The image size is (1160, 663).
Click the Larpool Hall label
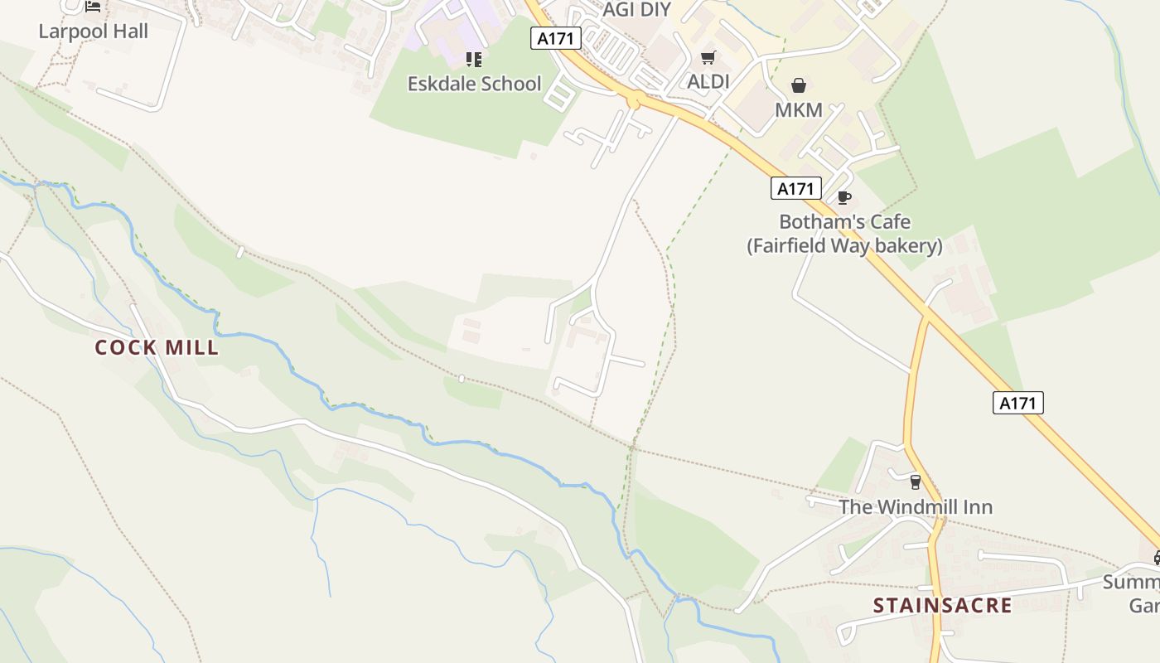tap(94, 31)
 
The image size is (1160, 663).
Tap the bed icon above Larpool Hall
tap(93, 7)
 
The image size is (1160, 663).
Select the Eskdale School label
tap(474, 84)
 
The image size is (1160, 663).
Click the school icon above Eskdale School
tap(474, 59)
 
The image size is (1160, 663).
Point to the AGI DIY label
tap(636, 10)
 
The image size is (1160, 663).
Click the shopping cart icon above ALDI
tap(708, 57)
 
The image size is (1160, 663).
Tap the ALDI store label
tap(708, 82)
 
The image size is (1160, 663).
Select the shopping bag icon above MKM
tap(799, 85)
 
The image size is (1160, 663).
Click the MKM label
tap(799, 109)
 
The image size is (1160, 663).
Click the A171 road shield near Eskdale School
tap(556, 38)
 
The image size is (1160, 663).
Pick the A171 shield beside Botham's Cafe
tap(795, 188)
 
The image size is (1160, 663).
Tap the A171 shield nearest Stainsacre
tap(1017, 403)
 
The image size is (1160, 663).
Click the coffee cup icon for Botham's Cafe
tap(844, 197)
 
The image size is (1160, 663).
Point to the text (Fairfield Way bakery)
tap(844, 246)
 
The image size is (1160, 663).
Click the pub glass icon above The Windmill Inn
tap(916, 482)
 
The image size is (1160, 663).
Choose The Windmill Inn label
tap(916, 506)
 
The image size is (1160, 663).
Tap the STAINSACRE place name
tap(942, 606)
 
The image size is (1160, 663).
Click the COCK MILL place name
tap(157, 347)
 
